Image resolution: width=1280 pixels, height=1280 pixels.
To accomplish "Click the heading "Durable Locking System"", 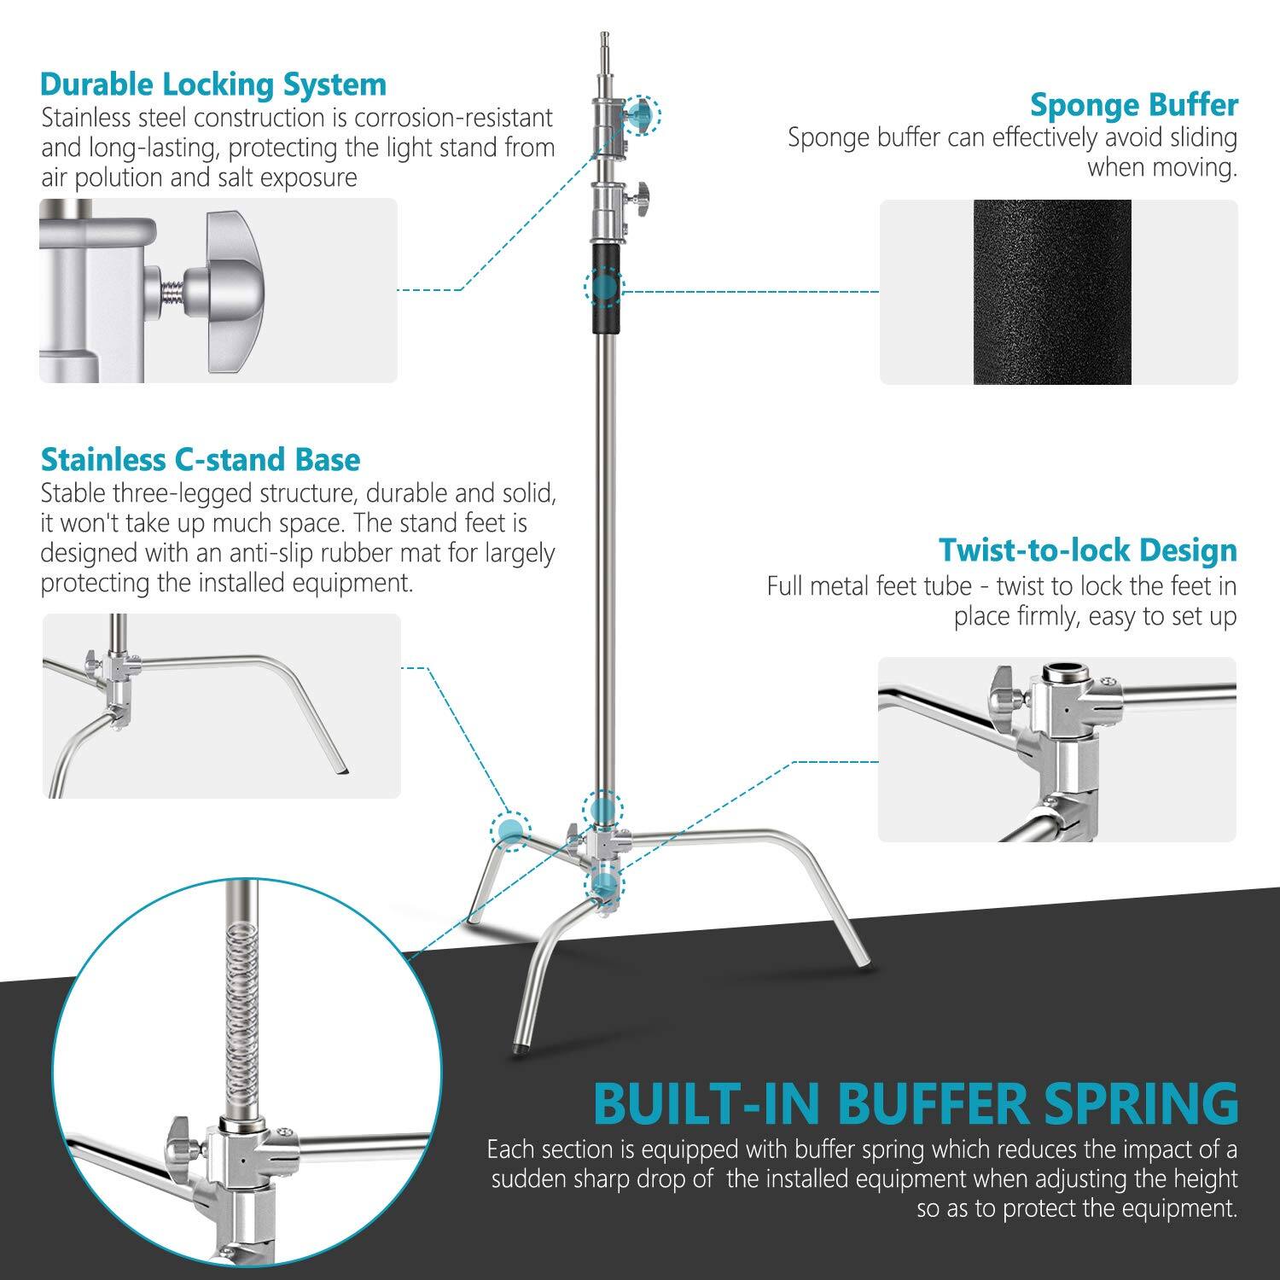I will (x=213, y=84).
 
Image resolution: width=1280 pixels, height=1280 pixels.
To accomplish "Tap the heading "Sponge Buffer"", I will (x=1133, y=105).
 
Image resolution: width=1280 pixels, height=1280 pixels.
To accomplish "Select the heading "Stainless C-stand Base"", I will (x=201, y=459).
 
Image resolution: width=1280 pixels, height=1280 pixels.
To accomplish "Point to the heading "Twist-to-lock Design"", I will (x=1087, y=550).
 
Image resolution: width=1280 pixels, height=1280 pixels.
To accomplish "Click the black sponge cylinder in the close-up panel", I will (x=1051, y=292).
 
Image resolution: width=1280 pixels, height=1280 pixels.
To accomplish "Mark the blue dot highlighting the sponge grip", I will (x=604, y=288).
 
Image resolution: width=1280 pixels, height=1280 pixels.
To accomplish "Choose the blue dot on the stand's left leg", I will (x=510, y=829).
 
